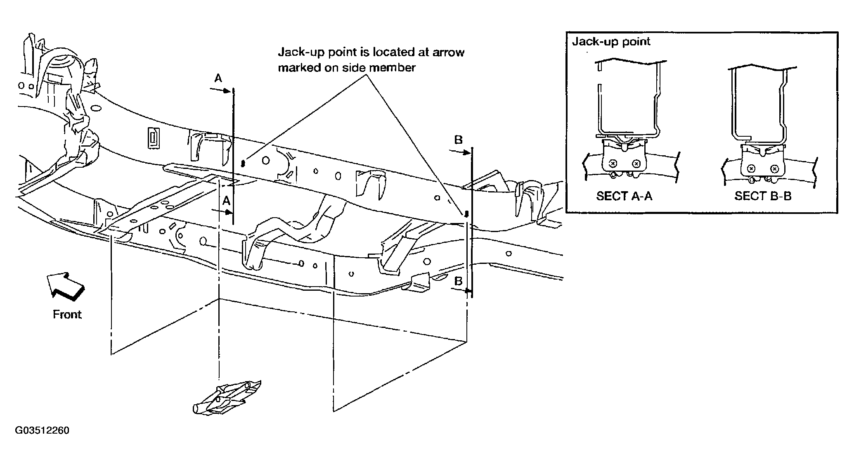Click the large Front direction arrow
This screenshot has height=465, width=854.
click(66, 285)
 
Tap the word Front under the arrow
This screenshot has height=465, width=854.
click(67, 315)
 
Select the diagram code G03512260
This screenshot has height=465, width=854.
click(42, 431)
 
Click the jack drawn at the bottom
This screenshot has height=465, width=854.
click(227, 397)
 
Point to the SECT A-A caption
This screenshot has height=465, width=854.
click(624, 196)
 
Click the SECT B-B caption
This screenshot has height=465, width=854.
click(763, 196)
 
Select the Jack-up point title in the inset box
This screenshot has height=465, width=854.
click(611, 42)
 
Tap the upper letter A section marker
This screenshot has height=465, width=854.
click(218, 78)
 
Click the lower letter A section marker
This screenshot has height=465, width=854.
click(226, 201)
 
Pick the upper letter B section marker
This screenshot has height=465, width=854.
click(458, 140)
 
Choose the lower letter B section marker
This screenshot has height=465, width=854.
click(458, 282)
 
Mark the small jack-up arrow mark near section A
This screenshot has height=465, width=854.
click(244, 163)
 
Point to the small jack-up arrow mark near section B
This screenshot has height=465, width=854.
click(466, 214)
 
